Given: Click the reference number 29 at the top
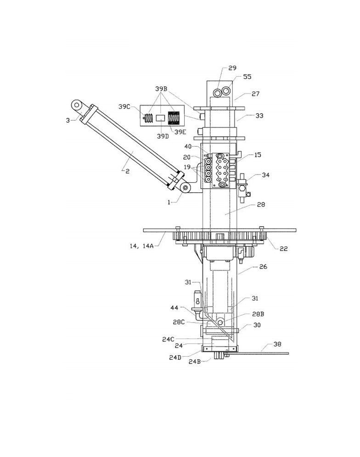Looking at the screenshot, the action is tap(232, 68).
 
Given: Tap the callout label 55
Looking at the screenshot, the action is tap(247, 77).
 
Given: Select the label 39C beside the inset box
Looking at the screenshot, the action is tap(124, 106).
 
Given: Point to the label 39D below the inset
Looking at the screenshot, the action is tap(163, 136).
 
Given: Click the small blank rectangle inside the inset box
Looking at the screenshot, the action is tap(161, 118).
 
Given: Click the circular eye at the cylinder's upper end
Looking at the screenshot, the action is tap(77, 105).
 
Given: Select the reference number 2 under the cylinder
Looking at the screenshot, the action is tap(127, 172).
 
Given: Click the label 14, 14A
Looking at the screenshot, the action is tap(141, 246).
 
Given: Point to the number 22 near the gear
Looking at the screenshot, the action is tap(284, 248).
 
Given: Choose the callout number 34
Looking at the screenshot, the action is tap(265, 175).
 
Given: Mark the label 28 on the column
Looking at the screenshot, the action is tap(261, 205).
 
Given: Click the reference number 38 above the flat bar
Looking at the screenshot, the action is tap(277, 344).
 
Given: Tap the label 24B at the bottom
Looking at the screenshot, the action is tap(195, 362).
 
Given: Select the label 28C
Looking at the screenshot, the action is tap(179, 322).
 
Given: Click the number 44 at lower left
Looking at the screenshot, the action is tap(174, 308).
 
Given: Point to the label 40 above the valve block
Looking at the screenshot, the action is tap(188, 146).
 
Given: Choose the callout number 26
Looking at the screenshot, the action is tap(263, 267).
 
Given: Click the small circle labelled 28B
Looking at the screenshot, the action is tap(220, 323).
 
